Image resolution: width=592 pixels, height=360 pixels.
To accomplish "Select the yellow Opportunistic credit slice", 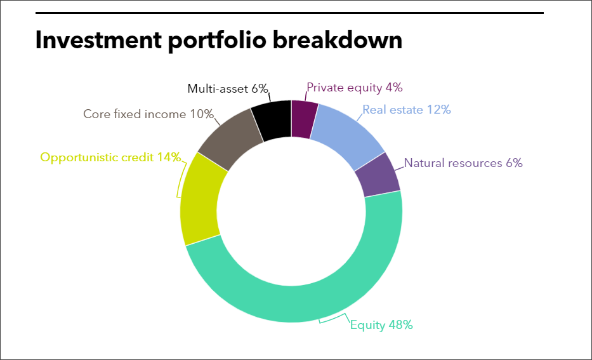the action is pos(199,200).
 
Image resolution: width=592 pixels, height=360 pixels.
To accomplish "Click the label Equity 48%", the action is pos(381,325).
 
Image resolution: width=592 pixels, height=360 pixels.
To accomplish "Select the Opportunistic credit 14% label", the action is pos(110,157).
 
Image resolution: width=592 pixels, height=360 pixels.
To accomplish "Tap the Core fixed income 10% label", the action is pos(148,114).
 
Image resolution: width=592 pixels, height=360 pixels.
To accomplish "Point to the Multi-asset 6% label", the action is pos(228,88).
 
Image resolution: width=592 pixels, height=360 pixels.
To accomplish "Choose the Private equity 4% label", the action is pos(355,88).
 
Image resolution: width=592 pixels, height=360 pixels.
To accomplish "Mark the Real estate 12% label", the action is pos(407,110).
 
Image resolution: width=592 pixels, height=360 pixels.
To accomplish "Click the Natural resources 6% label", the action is pos(463,163).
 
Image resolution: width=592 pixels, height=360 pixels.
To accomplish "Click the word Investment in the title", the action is pos(98,39).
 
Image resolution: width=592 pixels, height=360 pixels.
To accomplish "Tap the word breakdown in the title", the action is pos(338,39).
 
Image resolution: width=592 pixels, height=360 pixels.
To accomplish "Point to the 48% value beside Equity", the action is pos(400,325).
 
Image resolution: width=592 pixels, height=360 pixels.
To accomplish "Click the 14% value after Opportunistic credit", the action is pos(169,157).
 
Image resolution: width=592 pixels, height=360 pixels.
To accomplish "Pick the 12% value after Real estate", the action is pos(438,110).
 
